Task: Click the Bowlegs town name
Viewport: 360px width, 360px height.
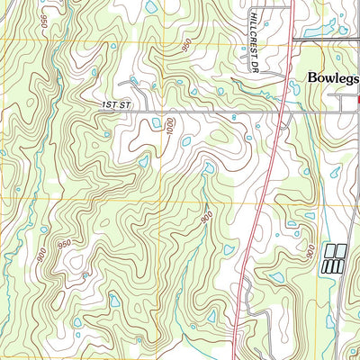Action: click(x=333, y=78)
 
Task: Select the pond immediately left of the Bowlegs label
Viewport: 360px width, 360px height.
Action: click(x=293, y=87)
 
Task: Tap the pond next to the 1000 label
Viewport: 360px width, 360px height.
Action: click(x=186, y=140)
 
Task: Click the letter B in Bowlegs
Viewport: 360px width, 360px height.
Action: click(x=312, y=78)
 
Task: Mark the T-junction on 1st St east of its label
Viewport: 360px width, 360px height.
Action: click(x=162, y=111)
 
